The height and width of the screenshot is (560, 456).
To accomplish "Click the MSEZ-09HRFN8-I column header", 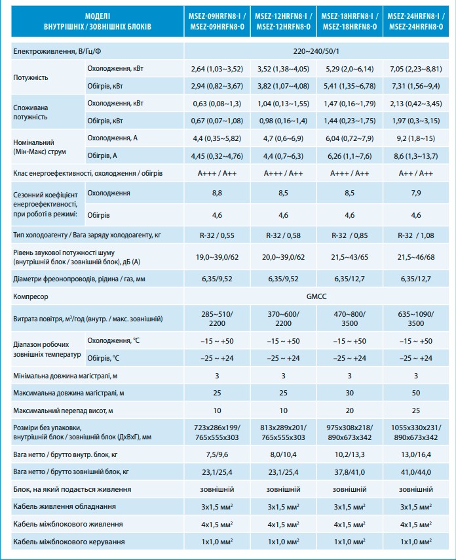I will click(x=218, y=20).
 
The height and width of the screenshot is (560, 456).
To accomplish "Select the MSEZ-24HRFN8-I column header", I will click(x=415, y=20).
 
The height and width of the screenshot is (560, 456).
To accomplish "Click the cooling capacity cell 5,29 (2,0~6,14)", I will click(x=349, y=68).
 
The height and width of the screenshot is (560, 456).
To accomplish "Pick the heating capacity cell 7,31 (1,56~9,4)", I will click(x=415, y=85).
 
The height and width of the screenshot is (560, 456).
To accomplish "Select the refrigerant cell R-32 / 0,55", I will click(x=218, y=235).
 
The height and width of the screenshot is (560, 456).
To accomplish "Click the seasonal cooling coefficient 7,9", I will click(x=415, y=193).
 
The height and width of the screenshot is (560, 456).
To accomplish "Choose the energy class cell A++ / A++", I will click(x=415, y=173).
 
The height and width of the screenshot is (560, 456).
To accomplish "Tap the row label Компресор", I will click(x=31, y=298).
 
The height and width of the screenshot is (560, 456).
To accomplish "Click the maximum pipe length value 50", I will click(x=415, y=393).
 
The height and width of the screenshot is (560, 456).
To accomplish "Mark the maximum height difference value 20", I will click(x=349, y=410).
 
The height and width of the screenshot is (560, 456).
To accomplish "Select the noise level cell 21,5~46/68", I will click(x=415, y=258).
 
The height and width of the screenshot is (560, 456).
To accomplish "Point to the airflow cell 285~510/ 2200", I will click(x=218, y=318).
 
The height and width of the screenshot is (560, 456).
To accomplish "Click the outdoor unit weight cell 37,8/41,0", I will click(x=349, y=471).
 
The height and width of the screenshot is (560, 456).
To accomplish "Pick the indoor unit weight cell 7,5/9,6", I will click(x=218, y=453).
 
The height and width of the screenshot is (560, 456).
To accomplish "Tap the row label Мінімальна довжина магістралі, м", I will click(x=66, y=375).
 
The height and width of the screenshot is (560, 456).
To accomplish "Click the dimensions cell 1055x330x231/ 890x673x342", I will click(x=415, y=431).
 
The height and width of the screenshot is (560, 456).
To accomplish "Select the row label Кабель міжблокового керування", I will click(x=69, y=542).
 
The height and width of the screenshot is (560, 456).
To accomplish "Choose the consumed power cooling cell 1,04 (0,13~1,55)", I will click(x=283, y=103).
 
